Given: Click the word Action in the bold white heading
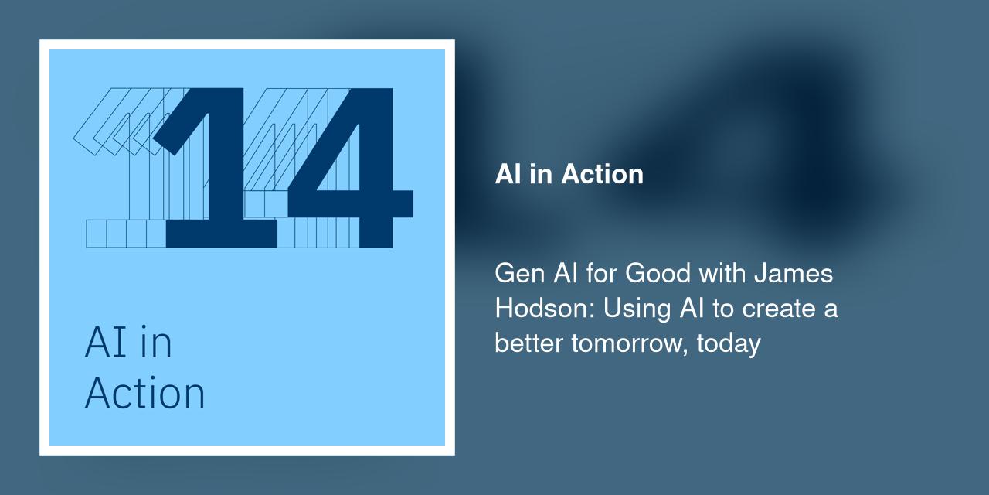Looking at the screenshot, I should tap(602, 174).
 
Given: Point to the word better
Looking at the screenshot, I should tap(529, 342).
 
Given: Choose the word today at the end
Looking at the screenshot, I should tap(729, 342).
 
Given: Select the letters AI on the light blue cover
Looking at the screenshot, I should tap(103, 343).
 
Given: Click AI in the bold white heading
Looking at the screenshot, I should tap(508, 174).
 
